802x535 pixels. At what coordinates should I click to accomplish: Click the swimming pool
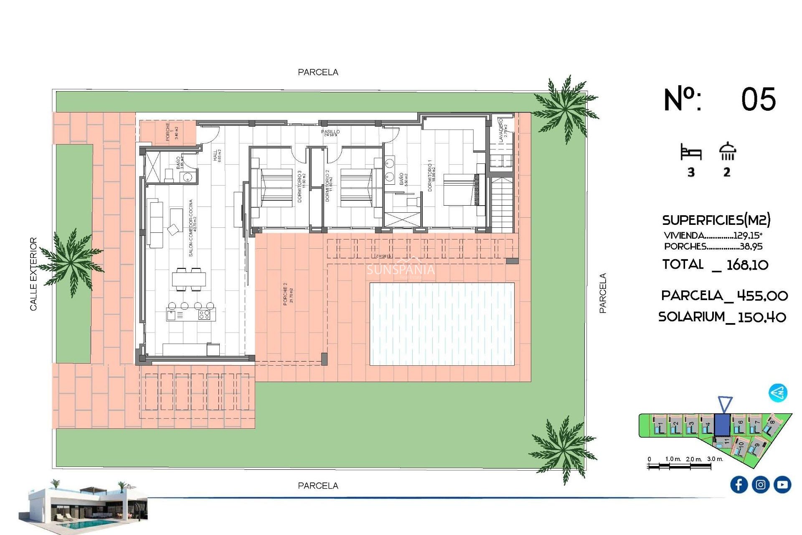[442, 324]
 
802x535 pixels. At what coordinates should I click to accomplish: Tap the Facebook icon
[739, 484]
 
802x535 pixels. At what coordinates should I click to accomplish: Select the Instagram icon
[761, 484]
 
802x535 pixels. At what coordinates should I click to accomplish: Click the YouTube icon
[782, 484]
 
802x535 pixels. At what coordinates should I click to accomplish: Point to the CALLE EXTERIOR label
[33, 274]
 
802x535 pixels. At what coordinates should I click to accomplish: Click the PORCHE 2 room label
[288, 294]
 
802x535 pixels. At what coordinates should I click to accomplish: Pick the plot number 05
[758, 100]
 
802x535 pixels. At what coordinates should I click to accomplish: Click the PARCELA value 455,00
[762, 296]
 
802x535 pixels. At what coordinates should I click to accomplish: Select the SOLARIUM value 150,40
[762, 317]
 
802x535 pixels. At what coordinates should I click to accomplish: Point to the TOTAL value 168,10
[747, 265]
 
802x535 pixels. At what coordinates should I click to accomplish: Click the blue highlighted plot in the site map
[722, 425]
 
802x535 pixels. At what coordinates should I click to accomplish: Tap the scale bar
[679, 466]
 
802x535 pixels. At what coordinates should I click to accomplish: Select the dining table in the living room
[189, 279]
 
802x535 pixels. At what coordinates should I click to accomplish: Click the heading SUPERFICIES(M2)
[716, 220]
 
